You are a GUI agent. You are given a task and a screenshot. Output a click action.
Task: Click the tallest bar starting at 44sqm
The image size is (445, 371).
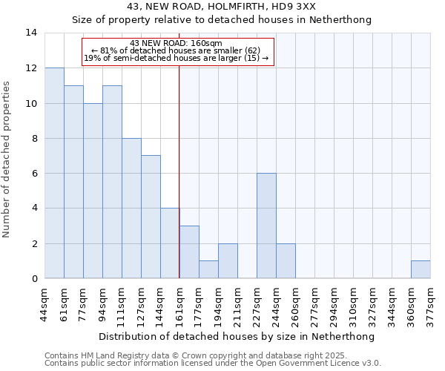click(x=54, y=173)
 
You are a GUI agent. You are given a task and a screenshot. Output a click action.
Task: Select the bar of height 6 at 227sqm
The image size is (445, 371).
click(x=266, y=226)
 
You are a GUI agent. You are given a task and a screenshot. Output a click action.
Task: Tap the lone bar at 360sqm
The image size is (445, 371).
click(x=421, y=269)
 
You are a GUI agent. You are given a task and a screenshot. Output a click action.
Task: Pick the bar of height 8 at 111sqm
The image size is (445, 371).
click(x=131, y=209)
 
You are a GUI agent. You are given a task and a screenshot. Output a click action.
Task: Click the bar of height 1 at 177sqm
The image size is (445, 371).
click(x=208, y=269)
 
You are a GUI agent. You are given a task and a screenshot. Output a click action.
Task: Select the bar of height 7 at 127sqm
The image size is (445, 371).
click(x=151, y=217)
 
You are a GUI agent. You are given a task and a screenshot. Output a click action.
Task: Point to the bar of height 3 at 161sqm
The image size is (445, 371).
click(x=189, y=252)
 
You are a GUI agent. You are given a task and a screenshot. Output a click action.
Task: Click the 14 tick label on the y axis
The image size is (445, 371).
click(x=30, y=33)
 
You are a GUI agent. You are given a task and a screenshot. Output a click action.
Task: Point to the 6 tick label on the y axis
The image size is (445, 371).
click(x=33, y=174)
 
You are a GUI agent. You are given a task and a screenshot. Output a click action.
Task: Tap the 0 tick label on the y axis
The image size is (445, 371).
click(x=33, y=279)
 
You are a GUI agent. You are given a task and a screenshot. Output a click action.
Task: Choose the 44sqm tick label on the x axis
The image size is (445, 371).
click(x=45, y=304)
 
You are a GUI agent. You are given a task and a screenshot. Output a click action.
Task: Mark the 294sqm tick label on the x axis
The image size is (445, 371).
click(x=334, y=304)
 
